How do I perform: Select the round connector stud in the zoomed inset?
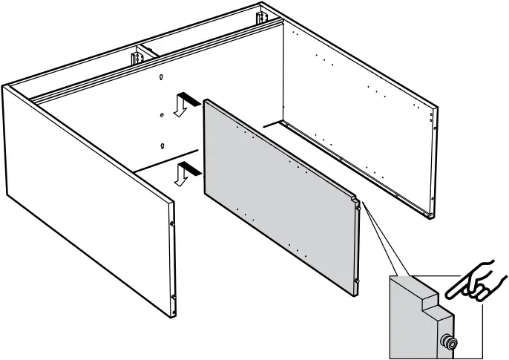click(450, 343)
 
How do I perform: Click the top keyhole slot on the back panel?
click(162, 76)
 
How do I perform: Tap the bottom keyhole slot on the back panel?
click(161, 145)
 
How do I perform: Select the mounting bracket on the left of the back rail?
click(138, 56)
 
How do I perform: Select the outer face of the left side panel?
click(82, 200)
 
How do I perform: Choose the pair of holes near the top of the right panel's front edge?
click(434, 114)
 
